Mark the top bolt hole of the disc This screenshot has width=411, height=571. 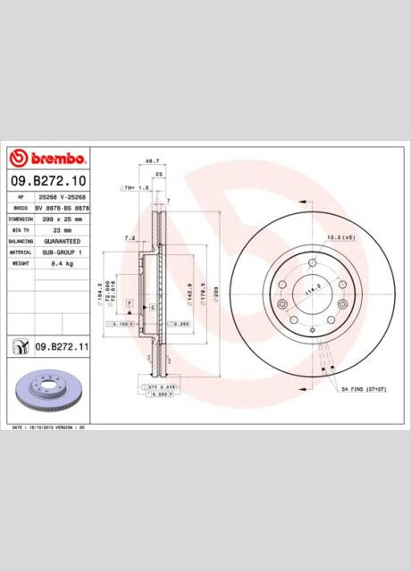pos(313,262)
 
